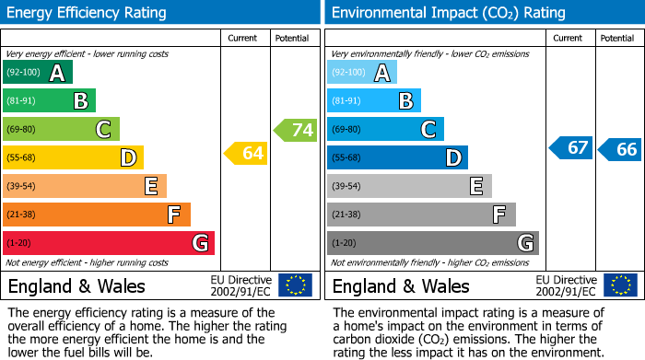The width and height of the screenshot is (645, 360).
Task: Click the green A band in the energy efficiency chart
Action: pos(37,73)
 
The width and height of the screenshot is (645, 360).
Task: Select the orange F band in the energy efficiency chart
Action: pos(96,215)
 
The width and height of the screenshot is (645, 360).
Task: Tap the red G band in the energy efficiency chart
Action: pos(108,243)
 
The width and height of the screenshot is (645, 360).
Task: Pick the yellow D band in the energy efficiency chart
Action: pos(73,157)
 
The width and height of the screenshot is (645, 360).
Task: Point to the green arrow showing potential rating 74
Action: pos(296,130)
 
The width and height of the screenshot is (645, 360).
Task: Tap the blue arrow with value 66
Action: pos(619,149)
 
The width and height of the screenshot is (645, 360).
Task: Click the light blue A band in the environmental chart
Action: pos(361,73)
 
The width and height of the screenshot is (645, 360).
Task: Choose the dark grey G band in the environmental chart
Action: pos(432,243)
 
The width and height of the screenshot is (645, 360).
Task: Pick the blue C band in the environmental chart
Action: pos(385,130)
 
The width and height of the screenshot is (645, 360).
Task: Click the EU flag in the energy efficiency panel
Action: pos(295,285)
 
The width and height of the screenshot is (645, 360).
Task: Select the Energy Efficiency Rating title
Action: pos(88,13)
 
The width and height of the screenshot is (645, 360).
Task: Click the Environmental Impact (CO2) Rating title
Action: pos(448,13)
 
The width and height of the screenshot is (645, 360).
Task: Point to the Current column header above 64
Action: pos(243,38)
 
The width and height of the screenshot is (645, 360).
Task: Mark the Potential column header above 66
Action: pos(616,38)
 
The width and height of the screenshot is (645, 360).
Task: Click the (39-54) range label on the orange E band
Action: pos(21,186)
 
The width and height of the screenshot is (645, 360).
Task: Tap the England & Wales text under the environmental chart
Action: pos(400,285)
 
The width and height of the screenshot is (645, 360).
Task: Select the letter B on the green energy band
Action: pos(80,101)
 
